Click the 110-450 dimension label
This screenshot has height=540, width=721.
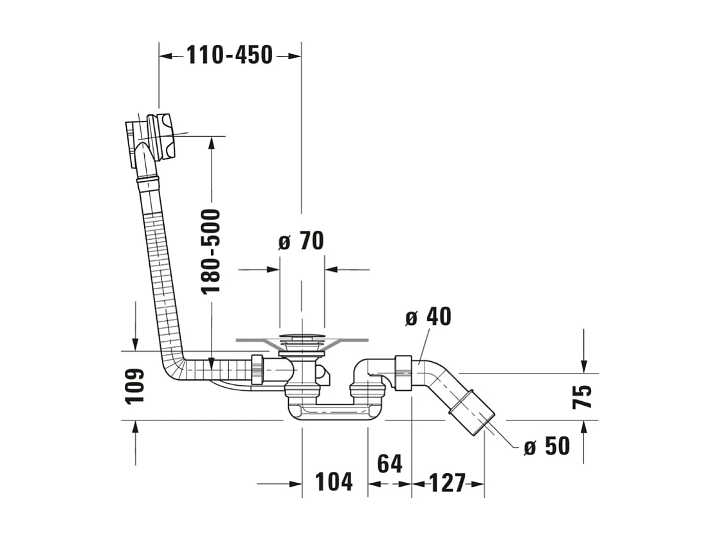(230, 55)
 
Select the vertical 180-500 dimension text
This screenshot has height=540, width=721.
(212, 251)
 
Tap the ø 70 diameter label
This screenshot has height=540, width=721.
(301, 241)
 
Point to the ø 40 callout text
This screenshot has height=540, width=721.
(428, 316)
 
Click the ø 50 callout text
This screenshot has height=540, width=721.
(547, 446)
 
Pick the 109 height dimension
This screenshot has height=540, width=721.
(135, 386)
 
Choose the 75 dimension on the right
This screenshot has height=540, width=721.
(582, 397)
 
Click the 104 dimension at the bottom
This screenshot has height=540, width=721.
(334, 482)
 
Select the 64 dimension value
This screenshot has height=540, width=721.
(390, 464)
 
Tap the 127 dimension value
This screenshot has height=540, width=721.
(448, 483)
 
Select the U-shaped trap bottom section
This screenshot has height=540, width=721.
(334, 412)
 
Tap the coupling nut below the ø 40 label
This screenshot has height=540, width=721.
(403, 373)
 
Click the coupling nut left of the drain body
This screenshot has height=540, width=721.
(257, 369)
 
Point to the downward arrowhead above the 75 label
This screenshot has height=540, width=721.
(583, 366)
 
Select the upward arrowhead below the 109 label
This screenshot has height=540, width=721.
(135, 428)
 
